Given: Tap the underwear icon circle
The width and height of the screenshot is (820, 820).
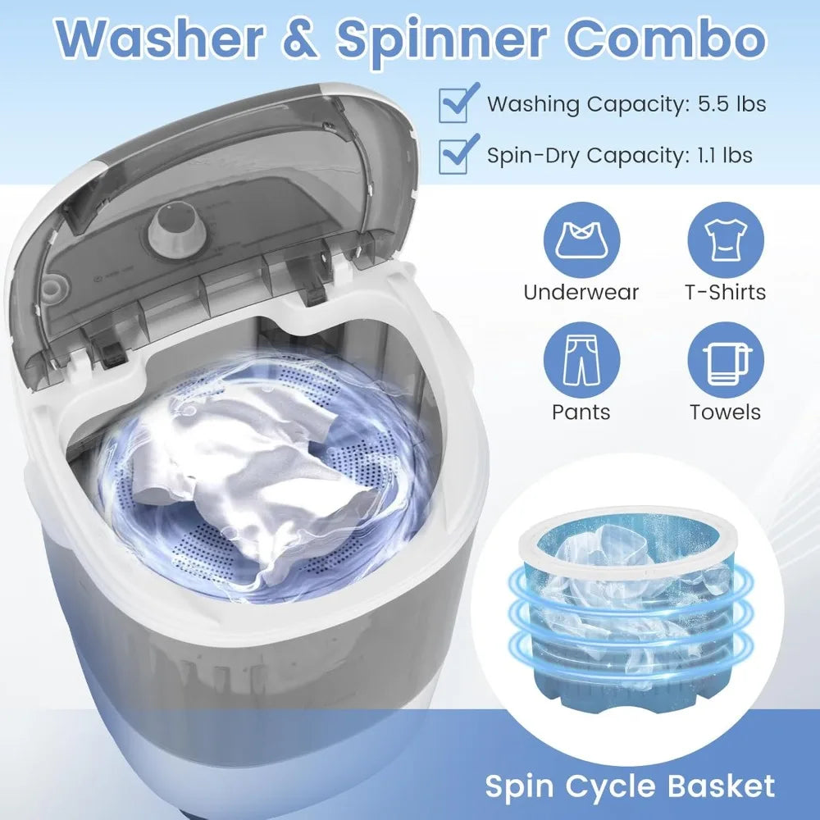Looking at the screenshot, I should coord(581,238).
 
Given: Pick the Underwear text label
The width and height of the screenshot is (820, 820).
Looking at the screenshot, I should coord(581,292).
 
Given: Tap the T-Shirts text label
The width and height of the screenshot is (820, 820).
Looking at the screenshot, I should coord(724,292).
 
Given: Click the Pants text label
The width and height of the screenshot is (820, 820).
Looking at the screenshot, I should coord(581,412).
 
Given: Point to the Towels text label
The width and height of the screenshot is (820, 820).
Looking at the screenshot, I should coord(724,412).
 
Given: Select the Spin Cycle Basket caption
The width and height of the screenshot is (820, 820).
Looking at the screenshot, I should coord(630,786).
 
